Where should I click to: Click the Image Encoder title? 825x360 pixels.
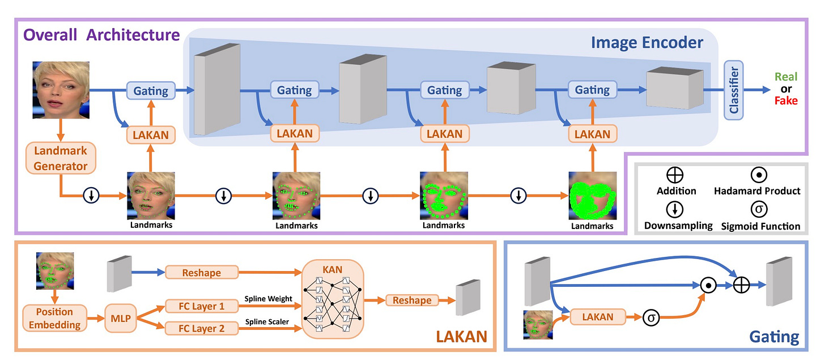(647, 43)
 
